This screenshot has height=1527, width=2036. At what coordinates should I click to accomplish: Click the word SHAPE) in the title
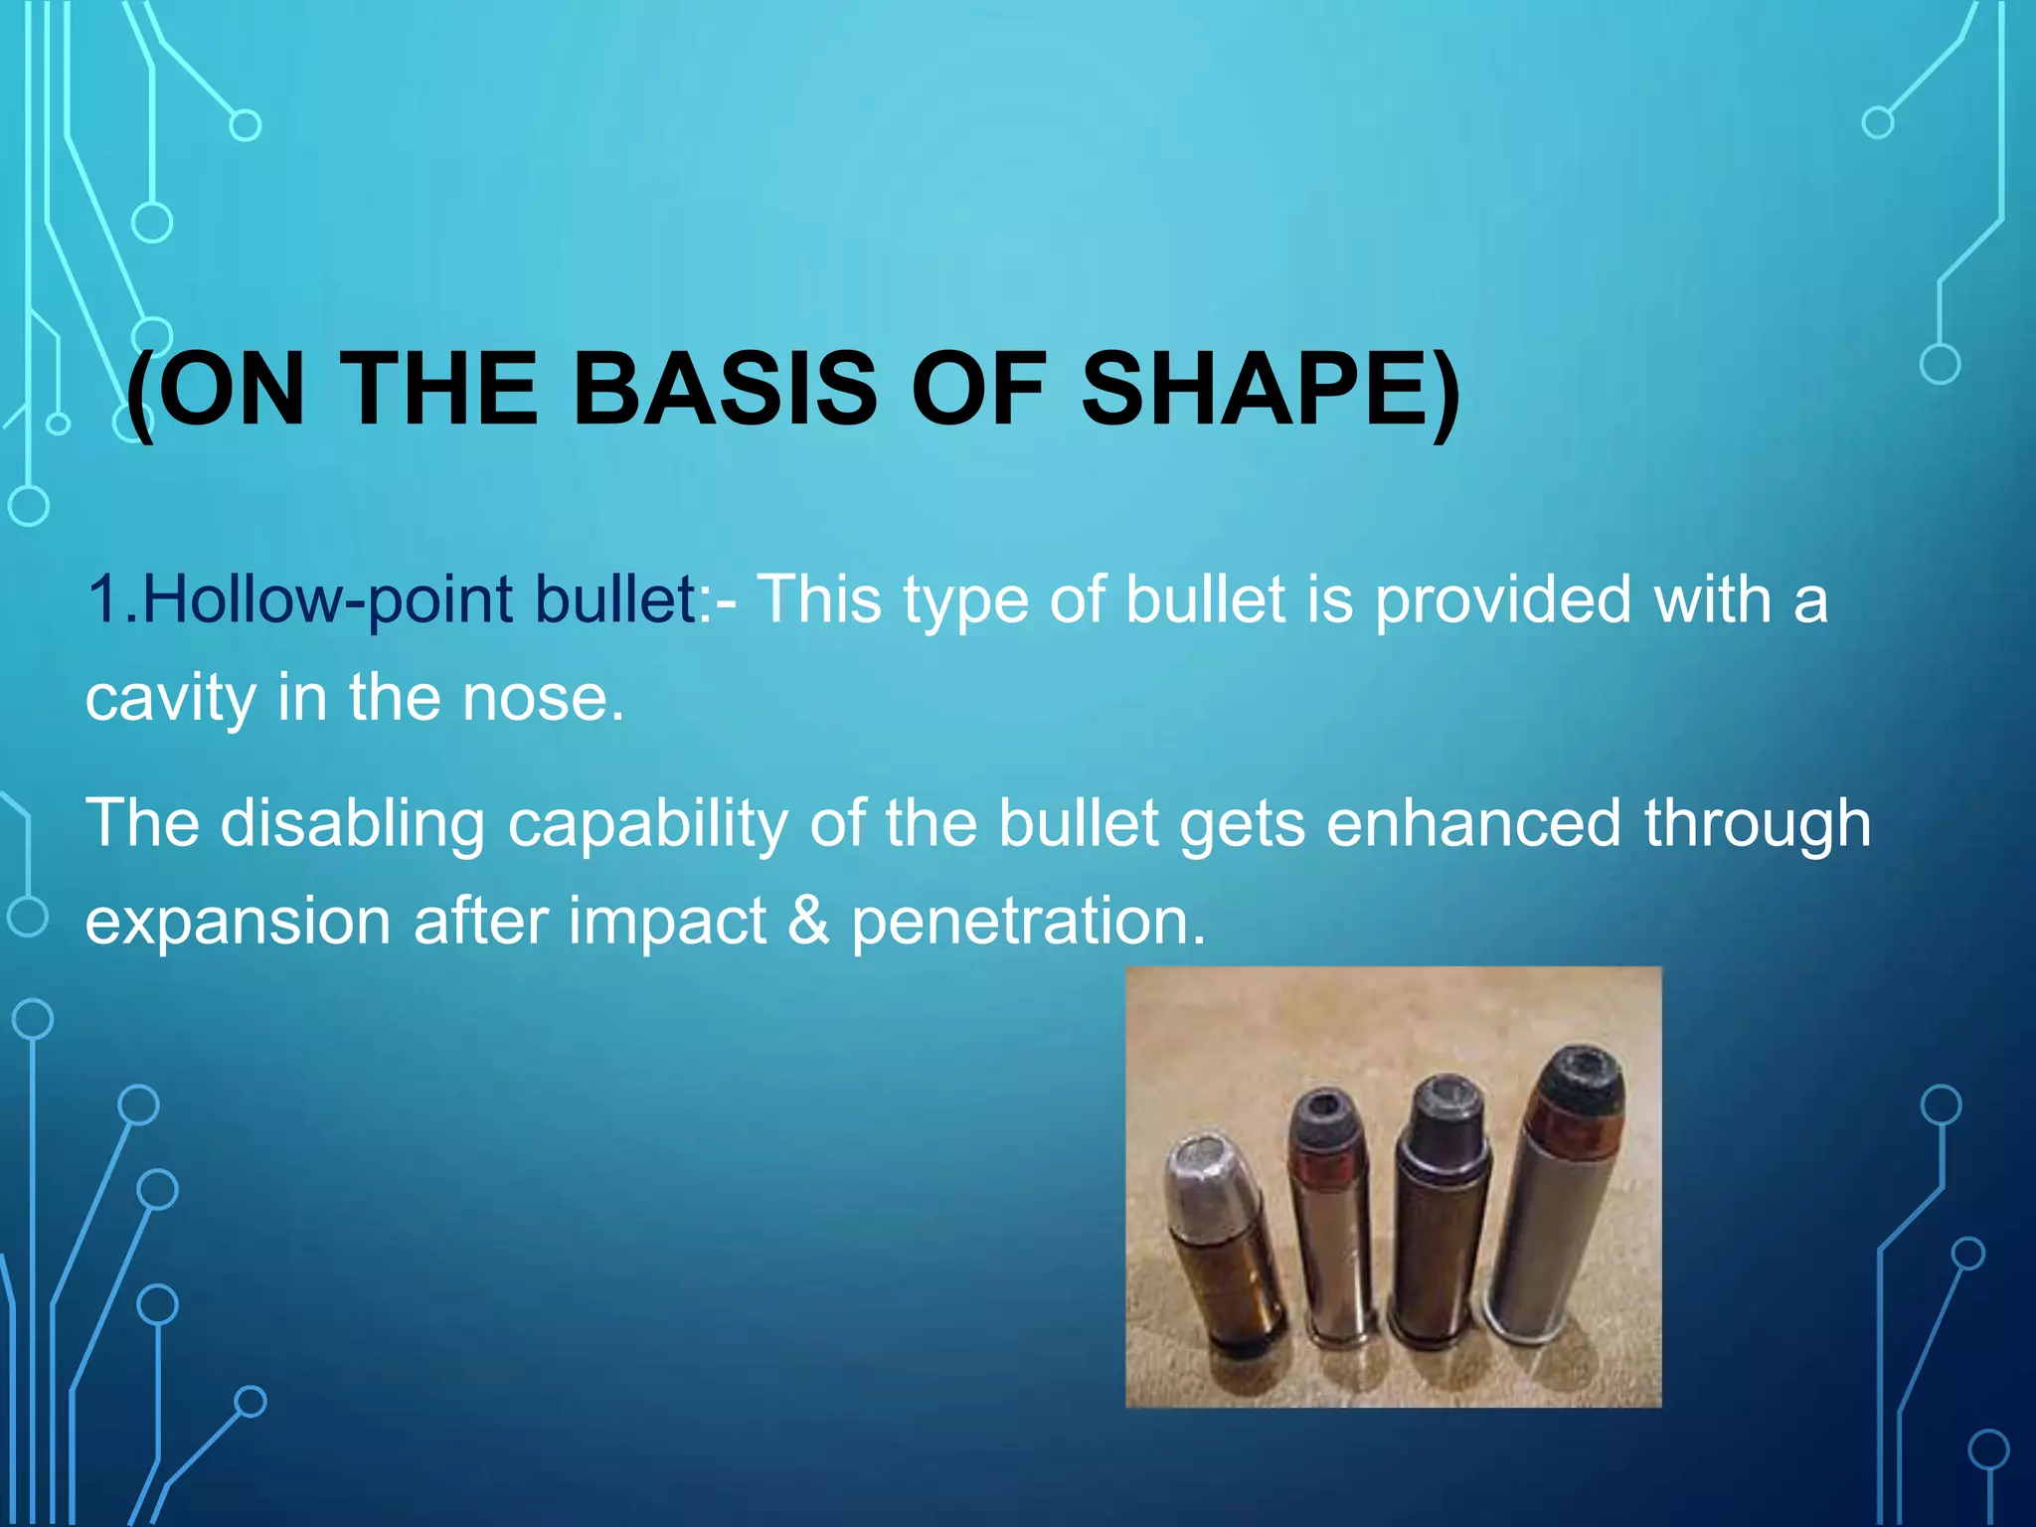tap(1270, 390)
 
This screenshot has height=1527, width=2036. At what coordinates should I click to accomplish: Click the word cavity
tap(170, 698)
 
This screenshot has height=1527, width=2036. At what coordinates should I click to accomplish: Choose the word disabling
tap(353, 824)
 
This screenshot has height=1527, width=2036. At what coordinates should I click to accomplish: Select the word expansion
tap(238, 921)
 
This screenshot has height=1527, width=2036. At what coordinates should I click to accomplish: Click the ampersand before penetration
tap(808, 921)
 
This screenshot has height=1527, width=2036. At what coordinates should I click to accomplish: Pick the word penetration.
tap(1028, 921)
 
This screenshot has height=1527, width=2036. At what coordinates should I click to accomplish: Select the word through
tap(1757, 824)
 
